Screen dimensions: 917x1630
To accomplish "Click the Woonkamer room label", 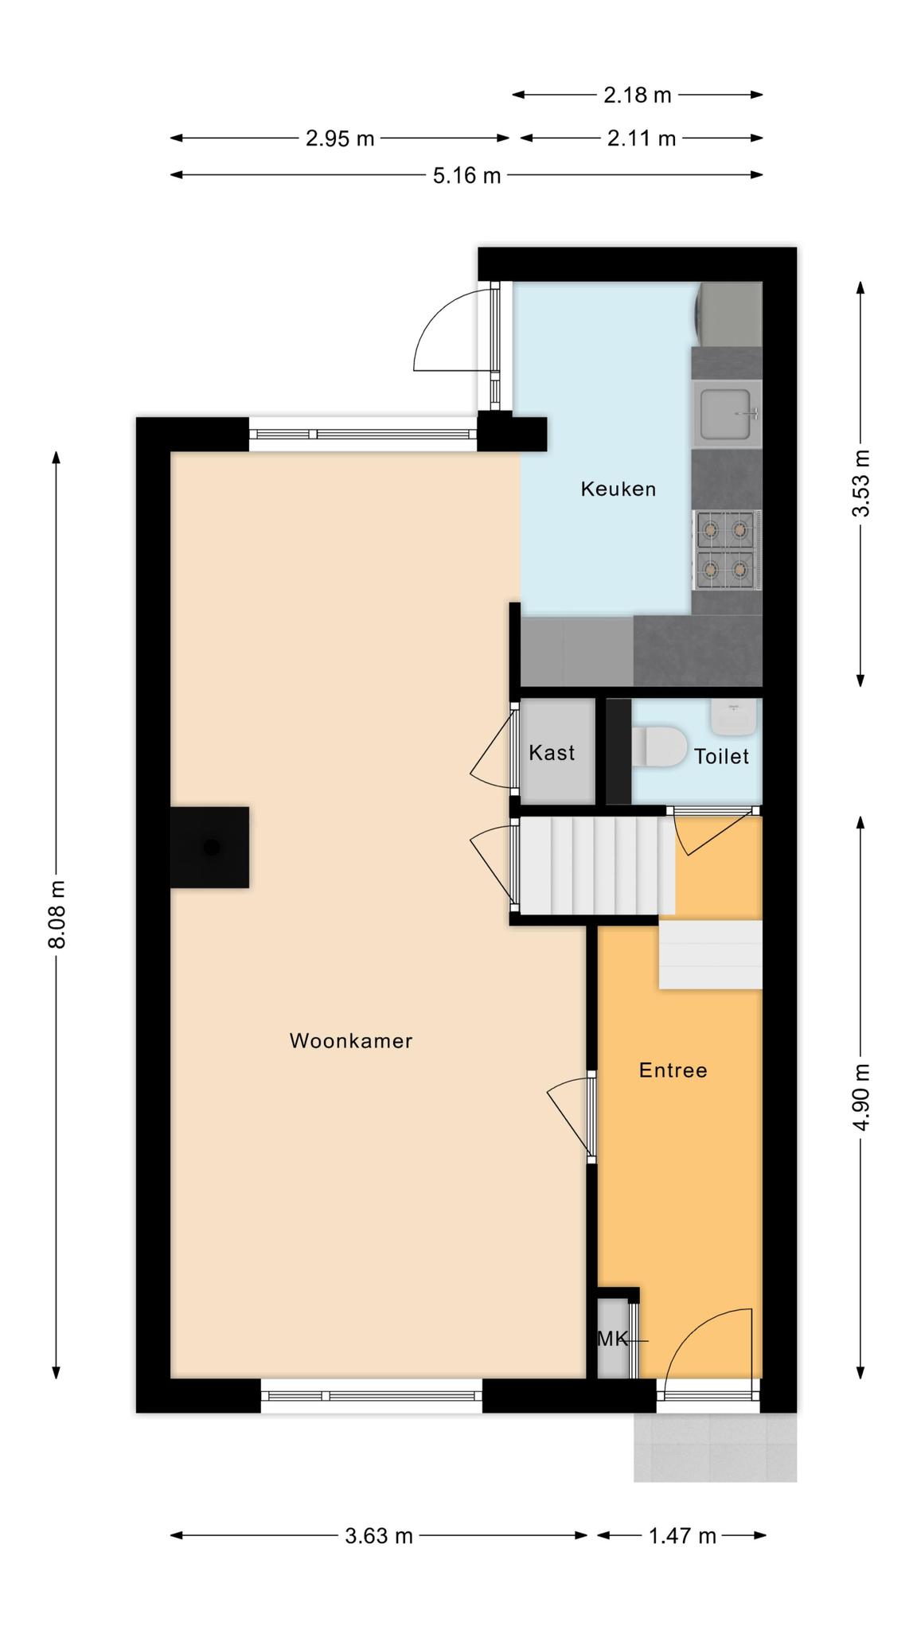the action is coord(351,1040).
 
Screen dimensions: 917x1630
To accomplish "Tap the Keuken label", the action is coord(618,489).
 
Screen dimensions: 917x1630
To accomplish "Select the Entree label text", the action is coord(673,1070).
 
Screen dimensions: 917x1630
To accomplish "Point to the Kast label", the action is coord(552,752).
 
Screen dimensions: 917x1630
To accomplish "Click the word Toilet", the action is coord(722,756).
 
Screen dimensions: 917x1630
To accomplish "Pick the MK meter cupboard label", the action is coord(612,1339).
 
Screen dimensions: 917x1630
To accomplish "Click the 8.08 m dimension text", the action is coord(57,914).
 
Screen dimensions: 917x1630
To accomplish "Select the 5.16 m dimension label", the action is coord(467,175).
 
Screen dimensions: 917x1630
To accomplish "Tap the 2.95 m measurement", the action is coord(340,138).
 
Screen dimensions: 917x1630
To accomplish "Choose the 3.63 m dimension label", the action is coord(379,1536).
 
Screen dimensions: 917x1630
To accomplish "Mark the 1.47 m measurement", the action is coord(683,1536).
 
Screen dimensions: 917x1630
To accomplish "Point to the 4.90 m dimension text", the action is coord(861,1097).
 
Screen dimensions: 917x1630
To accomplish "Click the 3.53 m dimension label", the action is coord(861,483).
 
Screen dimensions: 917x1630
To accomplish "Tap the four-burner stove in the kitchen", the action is coord(727,551).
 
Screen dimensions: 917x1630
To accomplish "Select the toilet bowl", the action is coord(659,747).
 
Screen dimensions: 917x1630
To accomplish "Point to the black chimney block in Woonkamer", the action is coord(209,847).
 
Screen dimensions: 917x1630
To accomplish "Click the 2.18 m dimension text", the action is coord(638,96).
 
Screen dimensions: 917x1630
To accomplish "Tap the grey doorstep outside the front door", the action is coord(715,1447).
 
